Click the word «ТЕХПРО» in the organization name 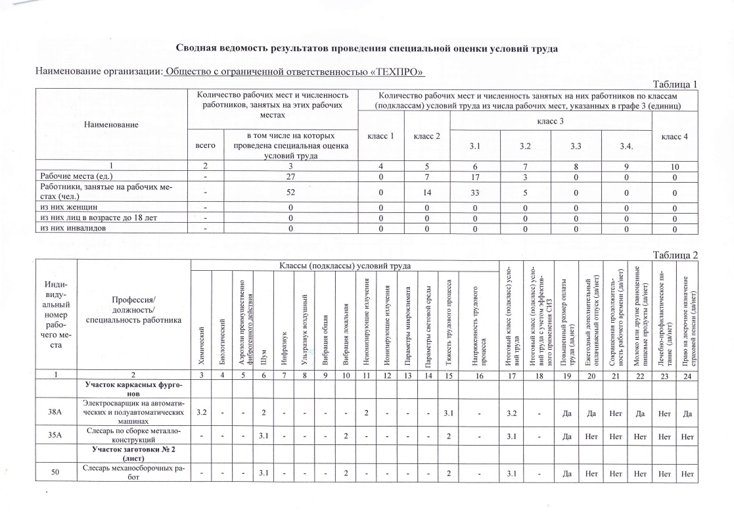[396, 71]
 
